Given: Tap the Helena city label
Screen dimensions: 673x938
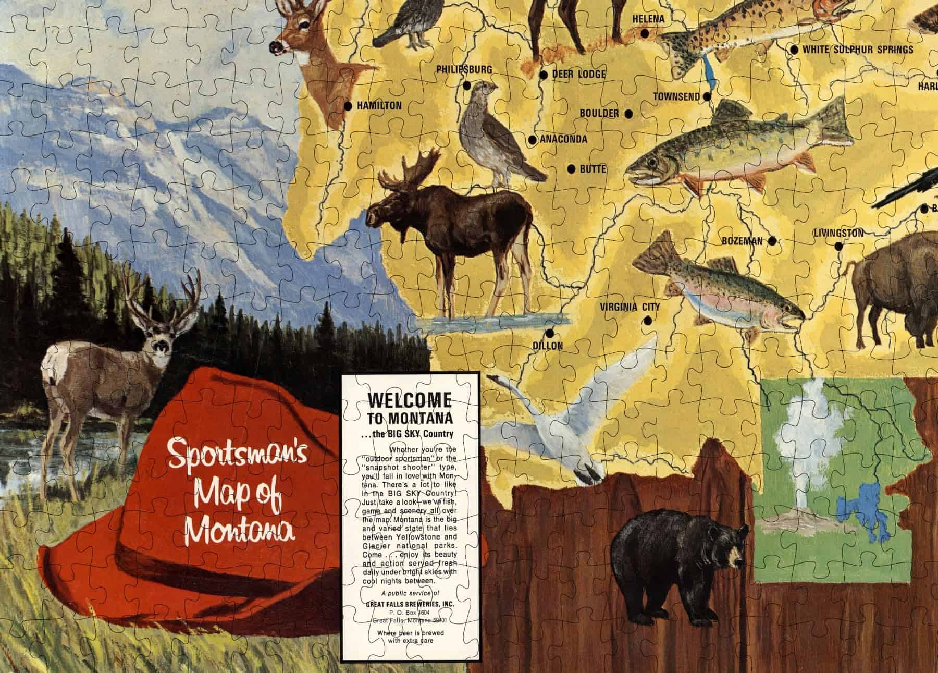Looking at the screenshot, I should click(x=648, y=19).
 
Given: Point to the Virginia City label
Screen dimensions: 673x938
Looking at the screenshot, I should click(x=630, y=307).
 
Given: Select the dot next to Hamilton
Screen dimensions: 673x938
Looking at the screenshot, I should click(x=348, y=106).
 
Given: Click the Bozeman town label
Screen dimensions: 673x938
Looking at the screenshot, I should click(x=742, y=241).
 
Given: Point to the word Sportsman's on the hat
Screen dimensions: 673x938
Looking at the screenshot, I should click(x=239, y=454).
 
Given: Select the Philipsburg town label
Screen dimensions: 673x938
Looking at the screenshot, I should click(x=464, y=69).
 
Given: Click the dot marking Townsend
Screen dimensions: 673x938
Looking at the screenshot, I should click(x=707, y=96).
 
